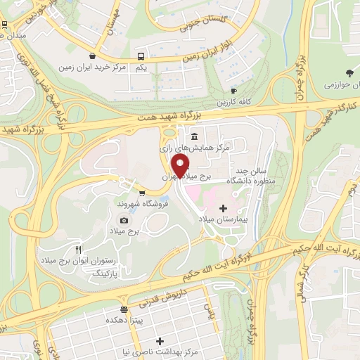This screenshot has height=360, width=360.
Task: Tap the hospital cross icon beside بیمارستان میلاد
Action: [x=224, y=208]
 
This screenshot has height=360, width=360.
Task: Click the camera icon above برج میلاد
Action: [x=124, y=220]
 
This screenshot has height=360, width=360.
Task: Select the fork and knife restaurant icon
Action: [x=79, y=250]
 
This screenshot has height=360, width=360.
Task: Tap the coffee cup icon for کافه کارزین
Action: [x=233, y=91]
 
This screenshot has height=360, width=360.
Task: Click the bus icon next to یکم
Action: [x=141, y=56]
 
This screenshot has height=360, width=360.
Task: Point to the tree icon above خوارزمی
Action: [x=349, y=72]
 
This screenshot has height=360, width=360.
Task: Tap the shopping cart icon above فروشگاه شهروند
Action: [x=142, y=192]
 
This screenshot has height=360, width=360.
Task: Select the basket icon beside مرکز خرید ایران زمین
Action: [x=92, y=56]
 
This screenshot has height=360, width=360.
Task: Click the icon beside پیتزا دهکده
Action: [x=124, y=309]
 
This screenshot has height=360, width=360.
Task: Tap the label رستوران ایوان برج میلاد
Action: [x=108, y=260]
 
